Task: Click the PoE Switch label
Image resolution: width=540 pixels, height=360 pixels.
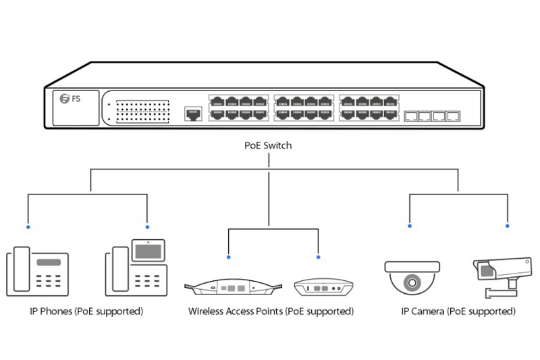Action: (x=268, y=145)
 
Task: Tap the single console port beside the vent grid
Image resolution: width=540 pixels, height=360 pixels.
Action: (x=193, y=113)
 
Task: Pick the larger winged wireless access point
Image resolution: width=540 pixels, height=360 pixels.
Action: (x=230, y=287)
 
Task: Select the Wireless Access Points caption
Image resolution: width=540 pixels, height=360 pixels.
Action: (x=271, y=311)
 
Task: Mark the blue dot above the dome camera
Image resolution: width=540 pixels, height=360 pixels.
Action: (x=409, y=226)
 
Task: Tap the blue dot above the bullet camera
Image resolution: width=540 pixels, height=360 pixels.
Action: (x=508, y=226)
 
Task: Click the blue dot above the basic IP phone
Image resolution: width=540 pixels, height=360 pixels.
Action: (x=28, y=226)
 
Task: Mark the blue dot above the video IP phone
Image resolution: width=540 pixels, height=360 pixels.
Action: (x=147, y=226)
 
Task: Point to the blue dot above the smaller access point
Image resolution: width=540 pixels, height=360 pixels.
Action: (x=319, y=257)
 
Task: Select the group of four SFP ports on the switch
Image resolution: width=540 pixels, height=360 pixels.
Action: (x=432, y=115)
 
